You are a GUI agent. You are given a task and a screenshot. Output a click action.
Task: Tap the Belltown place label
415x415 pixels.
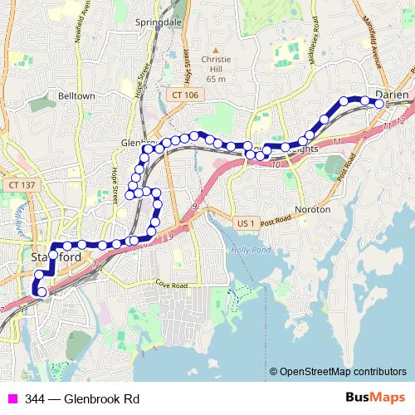pos(76,96)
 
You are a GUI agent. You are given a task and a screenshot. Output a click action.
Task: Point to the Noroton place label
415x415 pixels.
pos(313,210)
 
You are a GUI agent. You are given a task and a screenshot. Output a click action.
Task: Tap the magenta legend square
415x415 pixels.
pos(12,399)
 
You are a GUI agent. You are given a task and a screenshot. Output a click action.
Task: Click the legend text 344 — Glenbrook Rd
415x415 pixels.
pos(82,399)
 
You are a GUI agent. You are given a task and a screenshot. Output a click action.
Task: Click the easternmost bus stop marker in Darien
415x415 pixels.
pos(379,105)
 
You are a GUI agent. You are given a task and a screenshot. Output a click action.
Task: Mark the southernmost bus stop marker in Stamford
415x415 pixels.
pos(42,291)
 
